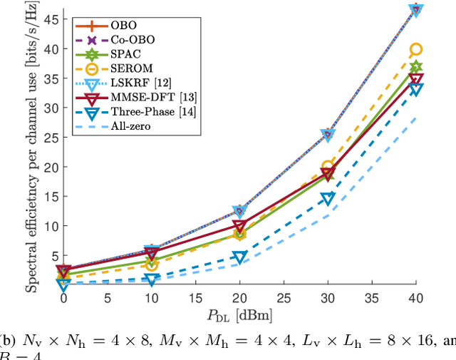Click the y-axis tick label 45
49,19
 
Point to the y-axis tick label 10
49,225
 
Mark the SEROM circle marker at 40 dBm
416,49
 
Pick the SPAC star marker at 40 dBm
416,67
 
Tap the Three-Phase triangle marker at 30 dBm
327,199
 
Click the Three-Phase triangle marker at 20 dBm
239,257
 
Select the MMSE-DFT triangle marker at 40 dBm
416,79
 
